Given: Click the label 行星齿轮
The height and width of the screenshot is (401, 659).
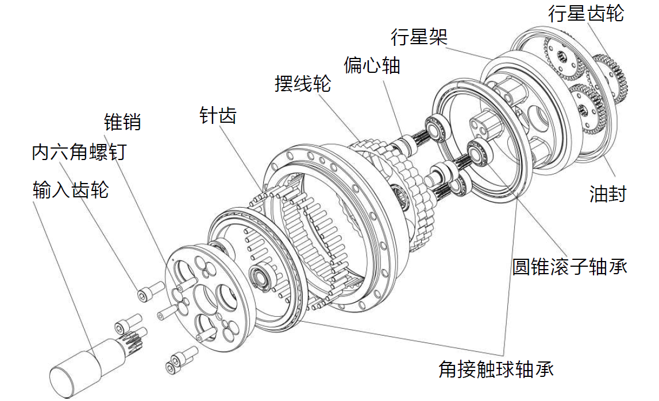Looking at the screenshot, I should pos(585,13).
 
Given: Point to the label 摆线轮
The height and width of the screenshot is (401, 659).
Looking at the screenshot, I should pos(303,84).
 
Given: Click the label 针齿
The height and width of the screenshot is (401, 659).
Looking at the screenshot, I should pos(218,115).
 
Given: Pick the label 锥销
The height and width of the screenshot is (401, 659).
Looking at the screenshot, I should pos(122,122).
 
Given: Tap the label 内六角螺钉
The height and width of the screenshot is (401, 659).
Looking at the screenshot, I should pos(79,153).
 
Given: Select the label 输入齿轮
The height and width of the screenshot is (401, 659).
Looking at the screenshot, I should pos(71,190).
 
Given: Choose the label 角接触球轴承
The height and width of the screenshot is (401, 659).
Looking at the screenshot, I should pos(495,368).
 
